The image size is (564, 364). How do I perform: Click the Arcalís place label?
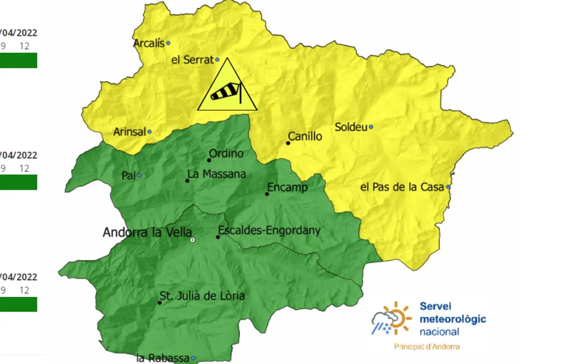point(149,44)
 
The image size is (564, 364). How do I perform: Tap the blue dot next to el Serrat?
point(217,60)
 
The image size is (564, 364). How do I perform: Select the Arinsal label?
point(129,132)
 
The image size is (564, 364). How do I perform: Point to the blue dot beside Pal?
point(139,175)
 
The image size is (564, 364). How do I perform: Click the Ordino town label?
point(226,153)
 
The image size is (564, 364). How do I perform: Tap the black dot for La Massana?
point(187,180)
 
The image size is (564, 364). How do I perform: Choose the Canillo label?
point(305,136)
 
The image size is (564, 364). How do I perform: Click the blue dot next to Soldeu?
point(371,127)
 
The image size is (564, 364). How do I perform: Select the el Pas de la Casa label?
point(402,188)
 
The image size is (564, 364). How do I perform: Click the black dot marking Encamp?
point(267,194)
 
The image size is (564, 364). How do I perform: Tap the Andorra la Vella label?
point(147,232)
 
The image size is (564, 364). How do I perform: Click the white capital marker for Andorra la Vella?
point(192,240)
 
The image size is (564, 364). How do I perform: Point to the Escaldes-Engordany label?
point(269,230)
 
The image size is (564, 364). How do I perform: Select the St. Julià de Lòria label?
point(202,296)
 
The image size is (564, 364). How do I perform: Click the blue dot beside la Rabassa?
point(194,358)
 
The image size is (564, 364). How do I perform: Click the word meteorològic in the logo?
point(453,319)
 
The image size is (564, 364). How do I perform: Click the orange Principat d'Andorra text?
point(427,347)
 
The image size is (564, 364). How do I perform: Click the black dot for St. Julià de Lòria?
point(160,302)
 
